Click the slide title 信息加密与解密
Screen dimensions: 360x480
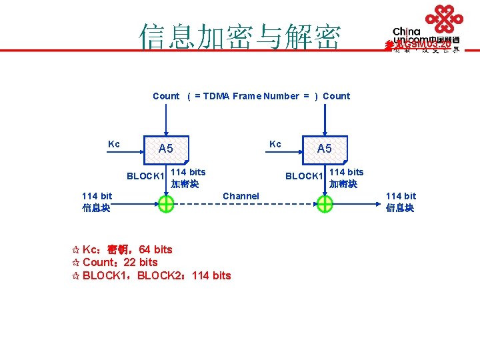pyautogui.click(x=239, y=37)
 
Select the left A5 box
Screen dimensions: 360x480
pyautogui.click(x=166, y=149)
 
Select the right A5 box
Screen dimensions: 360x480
pyautogui.click(x=325, y=149)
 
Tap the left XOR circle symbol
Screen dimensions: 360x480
pyautogui.click(x=166, y=205)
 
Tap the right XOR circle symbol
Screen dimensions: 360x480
pyautogui.click(x=325, y=205)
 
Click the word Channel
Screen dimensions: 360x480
pyautogui.click(x=241, y=196)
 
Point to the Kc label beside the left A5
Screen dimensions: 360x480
pyautogui.click(x=114, y=144)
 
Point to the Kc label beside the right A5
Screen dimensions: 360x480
pyautogui.click(x=275, y=144)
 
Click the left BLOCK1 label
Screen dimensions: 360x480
pyautogui.click(x=145, y=177)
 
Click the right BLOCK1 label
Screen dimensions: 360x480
pyautogui.click(x=304, y=177)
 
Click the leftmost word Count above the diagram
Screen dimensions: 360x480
pyautogui.click(x=166, y=96)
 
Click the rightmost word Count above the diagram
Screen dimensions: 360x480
pyautogui.click(x=336, y=96)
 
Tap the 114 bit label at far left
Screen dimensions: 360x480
pyautogui.click(x=97, y=196)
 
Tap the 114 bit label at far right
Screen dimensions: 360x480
pyautogui.click(x=401, y=196)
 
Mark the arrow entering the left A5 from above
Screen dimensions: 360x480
pyautogui.click(x=166, y=123)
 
